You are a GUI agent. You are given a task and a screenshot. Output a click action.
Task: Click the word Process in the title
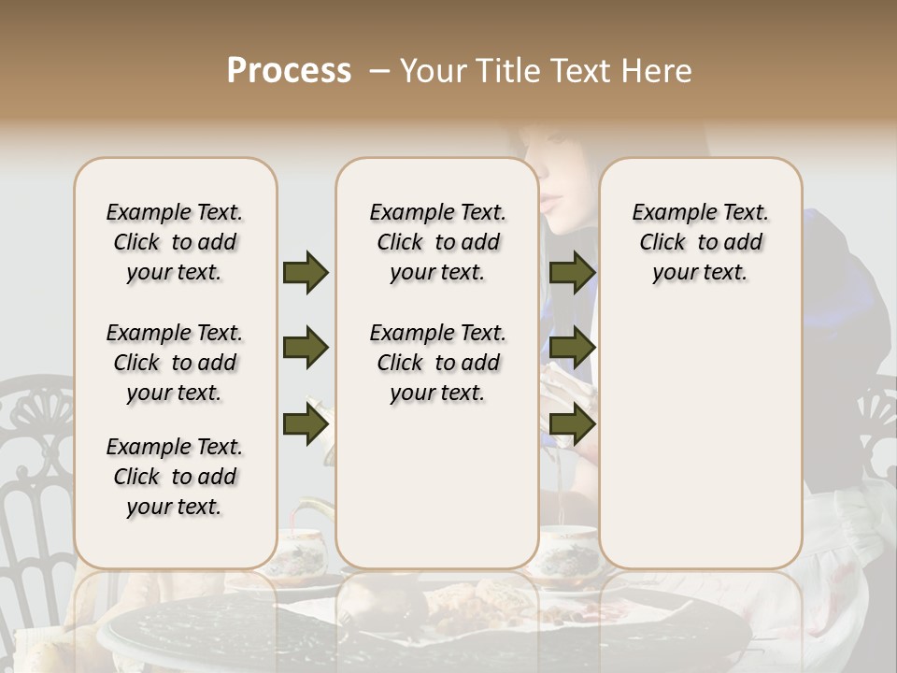[289, 71]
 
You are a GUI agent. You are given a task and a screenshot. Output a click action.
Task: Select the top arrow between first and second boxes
[306, 272]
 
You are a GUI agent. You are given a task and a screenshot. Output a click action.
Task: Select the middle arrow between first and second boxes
[306, 348]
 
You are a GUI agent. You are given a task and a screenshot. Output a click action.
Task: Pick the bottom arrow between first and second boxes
[306, 423]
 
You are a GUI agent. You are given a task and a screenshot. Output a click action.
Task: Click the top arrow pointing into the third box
[572, 272]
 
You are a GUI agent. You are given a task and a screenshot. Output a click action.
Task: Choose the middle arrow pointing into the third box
[572, 348]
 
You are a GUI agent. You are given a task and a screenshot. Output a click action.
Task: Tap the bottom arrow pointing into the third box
[572, 423]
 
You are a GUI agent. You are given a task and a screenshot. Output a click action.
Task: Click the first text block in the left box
[175, 242]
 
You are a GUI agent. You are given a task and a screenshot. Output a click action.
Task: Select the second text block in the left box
[175, 363]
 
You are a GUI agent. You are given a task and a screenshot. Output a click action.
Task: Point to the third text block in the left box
[175, 477]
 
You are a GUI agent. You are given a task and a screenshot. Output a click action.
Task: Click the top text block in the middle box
[437, 242]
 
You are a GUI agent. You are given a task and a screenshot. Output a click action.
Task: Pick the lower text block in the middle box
[437, 363]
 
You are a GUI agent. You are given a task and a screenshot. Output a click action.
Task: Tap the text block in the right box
[700, 242]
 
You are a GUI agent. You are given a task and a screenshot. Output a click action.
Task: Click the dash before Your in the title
[378, 72]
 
